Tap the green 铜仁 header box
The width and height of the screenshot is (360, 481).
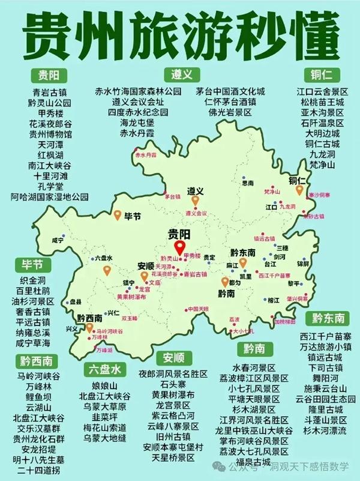tap(322, 76)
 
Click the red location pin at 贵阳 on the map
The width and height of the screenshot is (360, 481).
tap(178, 248)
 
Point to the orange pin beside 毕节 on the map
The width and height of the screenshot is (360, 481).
tap(118, 215)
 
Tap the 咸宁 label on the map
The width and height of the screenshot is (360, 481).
tap(58, 240)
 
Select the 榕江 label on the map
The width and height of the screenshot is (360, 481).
tap(273, 299)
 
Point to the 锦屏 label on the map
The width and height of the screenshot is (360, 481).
tap(304, 263)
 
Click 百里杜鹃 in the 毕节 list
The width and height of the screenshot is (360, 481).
tap(41, 291)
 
